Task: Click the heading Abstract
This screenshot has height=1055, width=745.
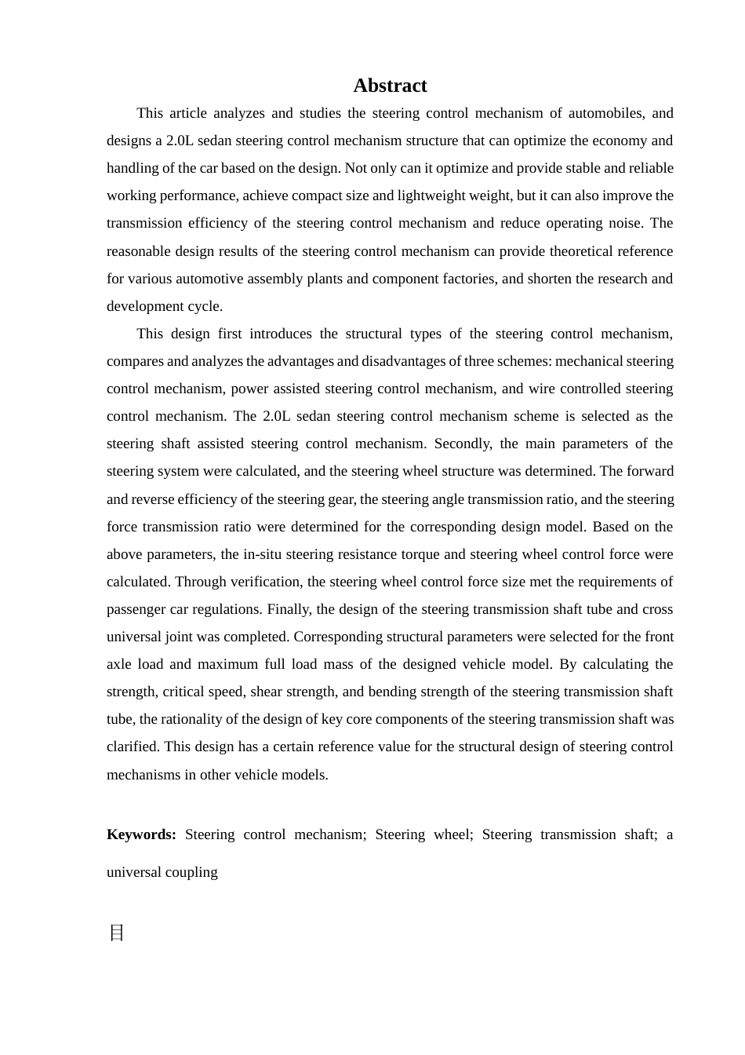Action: tap(390, 86)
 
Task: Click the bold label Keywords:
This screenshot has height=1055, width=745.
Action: tap(141, 834)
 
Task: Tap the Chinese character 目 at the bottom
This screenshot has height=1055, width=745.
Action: tap(117, 933)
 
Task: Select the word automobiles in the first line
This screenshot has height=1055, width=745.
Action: tap(605, 113)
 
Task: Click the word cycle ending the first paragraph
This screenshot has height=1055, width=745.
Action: tap(205, 306)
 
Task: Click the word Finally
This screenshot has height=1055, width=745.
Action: tap(290, 609)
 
